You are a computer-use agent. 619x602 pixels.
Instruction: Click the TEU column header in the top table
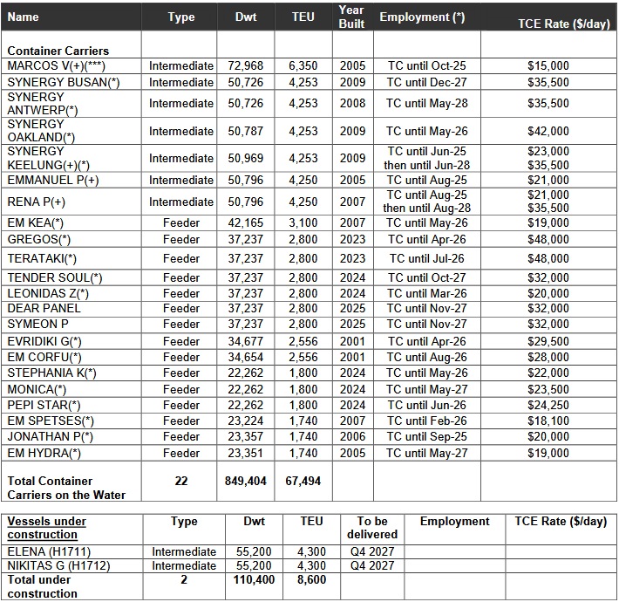point(303,17)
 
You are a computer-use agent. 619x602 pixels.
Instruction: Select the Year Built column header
point(352,17)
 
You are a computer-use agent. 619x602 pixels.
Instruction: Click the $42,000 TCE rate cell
point(548,131)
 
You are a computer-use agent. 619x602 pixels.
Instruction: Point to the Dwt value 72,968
point(245,65)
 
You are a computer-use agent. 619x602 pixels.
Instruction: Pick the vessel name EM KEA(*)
point(36,222)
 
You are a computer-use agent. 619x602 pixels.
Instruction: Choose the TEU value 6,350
point(303,65)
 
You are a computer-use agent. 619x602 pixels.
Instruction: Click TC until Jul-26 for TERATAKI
point(426,258)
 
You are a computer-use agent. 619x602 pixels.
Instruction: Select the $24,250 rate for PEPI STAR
point(548,405)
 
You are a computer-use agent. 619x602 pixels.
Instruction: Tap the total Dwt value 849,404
point(245,481)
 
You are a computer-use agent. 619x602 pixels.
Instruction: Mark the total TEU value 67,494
point(303,481)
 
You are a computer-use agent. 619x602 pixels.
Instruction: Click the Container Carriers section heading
point(58,51)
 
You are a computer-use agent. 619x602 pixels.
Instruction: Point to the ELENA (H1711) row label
point(49,551)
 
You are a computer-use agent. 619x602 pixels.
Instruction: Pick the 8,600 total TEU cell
point(310,579)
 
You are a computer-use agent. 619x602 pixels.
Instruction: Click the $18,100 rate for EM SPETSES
point(548,421)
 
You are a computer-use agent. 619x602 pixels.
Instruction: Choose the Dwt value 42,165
point(245,222)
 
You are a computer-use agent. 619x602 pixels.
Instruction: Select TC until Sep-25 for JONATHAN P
point(426,436)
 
